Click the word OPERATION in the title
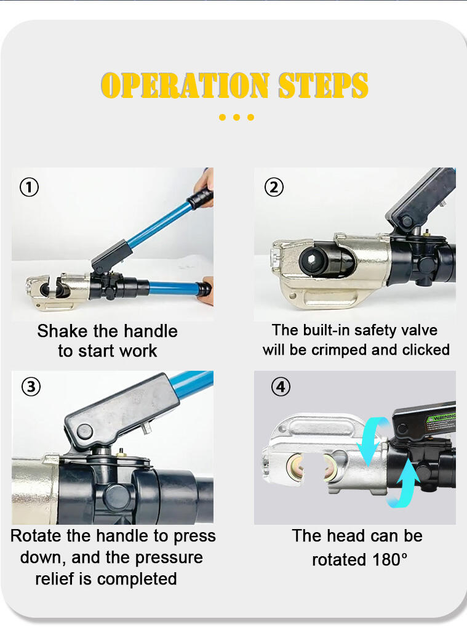[x=185, y=85]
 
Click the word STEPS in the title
[x=323, y=85]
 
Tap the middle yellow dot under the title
[x=236, y=117]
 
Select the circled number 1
[x=29, y=187]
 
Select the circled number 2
[x=274, y=187]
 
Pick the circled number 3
[x=31, y=387]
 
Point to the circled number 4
[x=281, y=387]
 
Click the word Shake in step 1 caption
[x=62, y=331]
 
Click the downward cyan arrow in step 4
[x=373, y=438]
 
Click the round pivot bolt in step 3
[x=85, y=432]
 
